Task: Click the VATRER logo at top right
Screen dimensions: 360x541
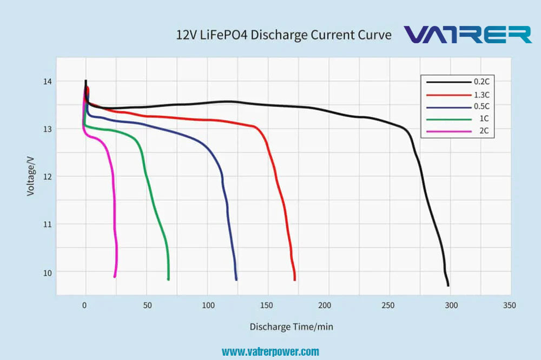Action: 468,34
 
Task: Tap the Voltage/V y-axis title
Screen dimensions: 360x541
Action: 31,176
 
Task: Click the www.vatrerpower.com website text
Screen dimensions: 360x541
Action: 270,352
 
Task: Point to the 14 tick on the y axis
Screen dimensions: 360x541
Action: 48,82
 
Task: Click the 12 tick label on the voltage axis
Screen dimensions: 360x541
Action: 48,177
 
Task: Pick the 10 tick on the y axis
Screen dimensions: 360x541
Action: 48,272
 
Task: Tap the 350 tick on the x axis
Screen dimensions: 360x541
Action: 509,305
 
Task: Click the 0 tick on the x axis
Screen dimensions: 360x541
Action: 85,305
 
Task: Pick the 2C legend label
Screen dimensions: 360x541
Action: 484,131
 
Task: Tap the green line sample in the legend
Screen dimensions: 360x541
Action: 448,119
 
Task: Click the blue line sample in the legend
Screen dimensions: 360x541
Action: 448,106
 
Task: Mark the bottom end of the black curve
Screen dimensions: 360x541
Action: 448,285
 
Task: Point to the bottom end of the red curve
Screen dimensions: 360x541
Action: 295,279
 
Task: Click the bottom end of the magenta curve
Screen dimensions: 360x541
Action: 115,277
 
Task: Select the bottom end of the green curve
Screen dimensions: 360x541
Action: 169,279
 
